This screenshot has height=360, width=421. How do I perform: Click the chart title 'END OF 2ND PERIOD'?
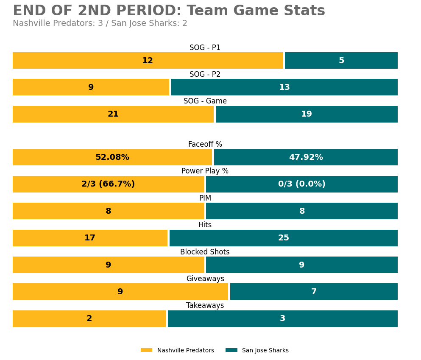coord(169,11)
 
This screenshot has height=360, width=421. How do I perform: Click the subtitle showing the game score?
coord(100,24)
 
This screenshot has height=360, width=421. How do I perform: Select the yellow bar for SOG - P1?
coord(148,61)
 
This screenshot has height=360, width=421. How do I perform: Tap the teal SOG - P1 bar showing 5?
coord(341,61)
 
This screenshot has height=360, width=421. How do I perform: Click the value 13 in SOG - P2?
coord(284,87)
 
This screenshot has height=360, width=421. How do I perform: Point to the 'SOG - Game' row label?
coord(205,101)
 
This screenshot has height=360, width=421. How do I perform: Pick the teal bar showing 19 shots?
coord(307,114)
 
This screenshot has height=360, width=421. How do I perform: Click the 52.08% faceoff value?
coord(112,157)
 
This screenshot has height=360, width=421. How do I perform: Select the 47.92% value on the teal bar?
coord(306,157)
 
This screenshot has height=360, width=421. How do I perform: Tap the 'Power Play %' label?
coord(205,171)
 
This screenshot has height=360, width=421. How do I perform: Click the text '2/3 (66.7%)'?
coord(108,184)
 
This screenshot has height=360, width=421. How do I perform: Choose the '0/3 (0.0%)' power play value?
coord(302,184)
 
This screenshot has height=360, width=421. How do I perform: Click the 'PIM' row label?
coord(205,198)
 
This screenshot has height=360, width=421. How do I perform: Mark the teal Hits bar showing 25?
coord(284,238)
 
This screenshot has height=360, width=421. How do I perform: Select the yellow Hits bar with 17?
coord(90,238)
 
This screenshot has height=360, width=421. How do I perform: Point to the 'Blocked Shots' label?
coord(205,252)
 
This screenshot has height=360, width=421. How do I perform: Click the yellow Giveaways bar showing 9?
coord(120,292)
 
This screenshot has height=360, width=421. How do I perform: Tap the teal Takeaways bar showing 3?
coord(282,319)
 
